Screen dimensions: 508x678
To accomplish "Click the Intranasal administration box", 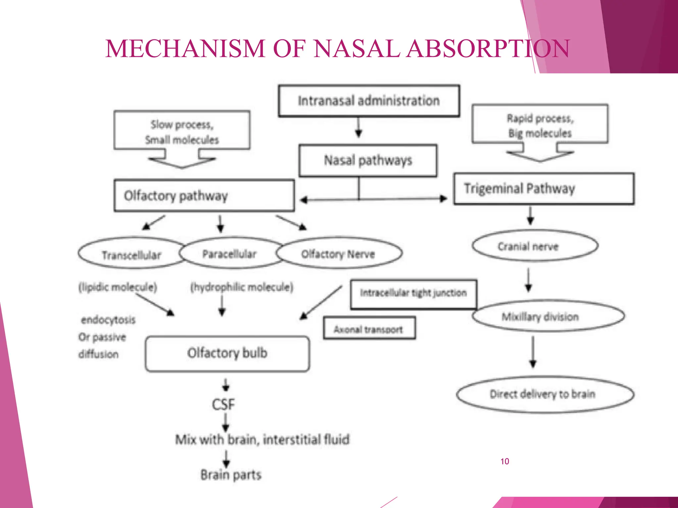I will (369, 101).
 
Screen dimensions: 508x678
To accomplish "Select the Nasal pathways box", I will (368, 160).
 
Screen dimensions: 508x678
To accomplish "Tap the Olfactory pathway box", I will (204, 195).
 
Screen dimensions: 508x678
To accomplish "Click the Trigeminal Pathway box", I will (544, 189).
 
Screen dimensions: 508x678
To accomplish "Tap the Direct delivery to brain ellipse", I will (545, 394).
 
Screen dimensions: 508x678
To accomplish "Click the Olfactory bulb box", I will (227, 354).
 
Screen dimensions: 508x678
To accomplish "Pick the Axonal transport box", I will (369, 328).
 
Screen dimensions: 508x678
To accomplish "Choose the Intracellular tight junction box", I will (413, 293).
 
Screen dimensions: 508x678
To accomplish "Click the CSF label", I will (223, 404).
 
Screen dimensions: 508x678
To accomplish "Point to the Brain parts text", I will (231, 475).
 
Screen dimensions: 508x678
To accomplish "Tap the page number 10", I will (505, 461).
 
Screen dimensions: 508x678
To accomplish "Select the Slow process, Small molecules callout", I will (182, 131).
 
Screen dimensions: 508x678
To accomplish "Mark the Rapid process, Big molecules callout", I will (540, 125).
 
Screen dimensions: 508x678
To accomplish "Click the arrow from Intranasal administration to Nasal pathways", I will (359, 128).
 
